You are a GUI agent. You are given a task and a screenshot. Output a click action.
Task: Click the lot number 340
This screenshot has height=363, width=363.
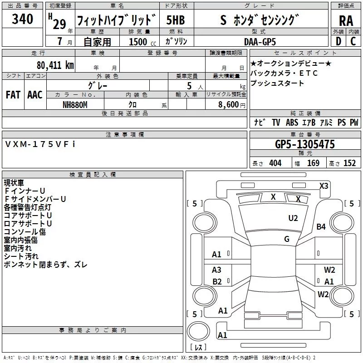(x=23, y=19)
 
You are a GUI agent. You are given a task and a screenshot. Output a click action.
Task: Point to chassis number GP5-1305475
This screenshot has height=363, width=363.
(x=305, y=144)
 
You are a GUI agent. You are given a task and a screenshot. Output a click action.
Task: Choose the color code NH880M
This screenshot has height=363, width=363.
(x=75, y=104)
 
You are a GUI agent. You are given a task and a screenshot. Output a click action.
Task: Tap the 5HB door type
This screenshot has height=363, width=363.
(x=175, y=20)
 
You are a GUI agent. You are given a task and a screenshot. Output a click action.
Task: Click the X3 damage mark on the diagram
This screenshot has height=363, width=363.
(x=324, y=186)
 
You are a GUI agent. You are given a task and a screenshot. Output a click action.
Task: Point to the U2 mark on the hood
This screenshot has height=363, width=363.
(x=293, y=218)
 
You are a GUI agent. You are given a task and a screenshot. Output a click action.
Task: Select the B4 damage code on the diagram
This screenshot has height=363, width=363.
(x=321, y=227)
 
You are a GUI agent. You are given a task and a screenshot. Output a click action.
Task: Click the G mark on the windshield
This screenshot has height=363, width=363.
(x=287, y=239)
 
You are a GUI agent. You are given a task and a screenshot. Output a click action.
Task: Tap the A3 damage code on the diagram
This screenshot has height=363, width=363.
(x=217, y=270)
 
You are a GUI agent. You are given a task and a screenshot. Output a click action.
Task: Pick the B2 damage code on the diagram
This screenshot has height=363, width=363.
(x=217, y=282)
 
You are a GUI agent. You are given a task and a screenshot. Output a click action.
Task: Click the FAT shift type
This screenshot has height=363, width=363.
(x=13, y=95)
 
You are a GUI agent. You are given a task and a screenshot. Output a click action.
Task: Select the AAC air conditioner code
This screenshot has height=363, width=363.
(x=35, y=95)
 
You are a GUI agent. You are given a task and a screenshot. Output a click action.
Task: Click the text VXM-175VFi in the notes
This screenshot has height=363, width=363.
(x=41, y=144)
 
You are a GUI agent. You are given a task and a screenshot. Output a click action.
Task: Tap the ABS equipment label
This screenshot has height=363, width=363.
(x=292, y=123)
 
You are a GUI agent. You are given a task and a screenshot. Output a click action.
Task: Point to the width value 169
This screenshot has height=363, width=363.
(x=313, y=163)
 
